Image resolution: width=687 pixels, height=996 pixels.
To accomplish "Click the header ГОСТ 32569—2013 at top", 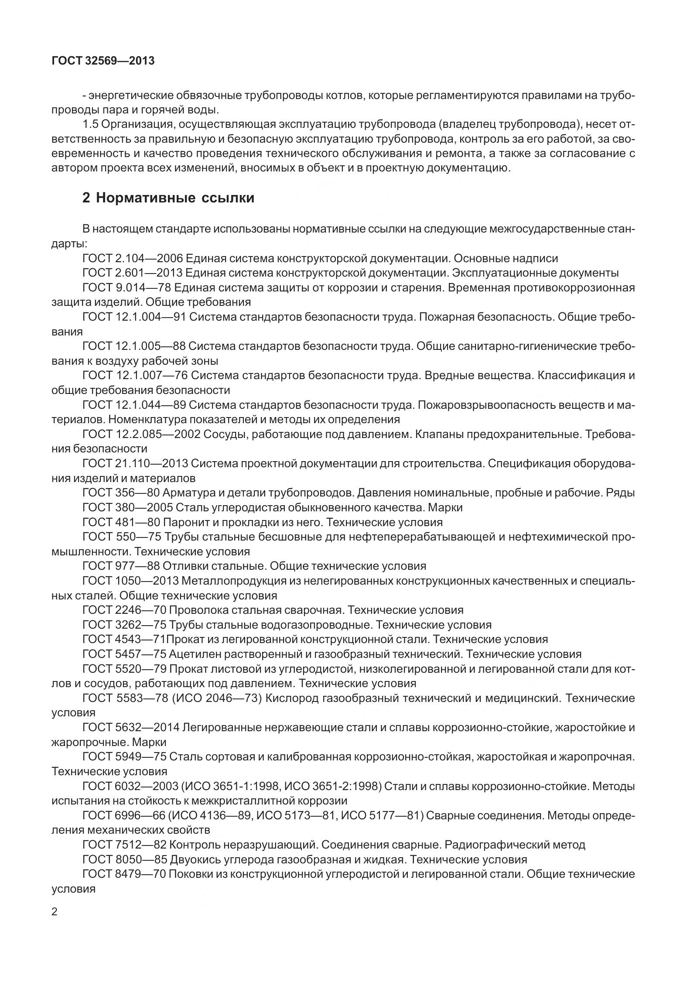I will coord(103,61).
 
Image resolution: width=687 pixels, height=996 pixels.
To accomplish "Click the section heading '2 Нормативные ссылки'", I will coord(168,198).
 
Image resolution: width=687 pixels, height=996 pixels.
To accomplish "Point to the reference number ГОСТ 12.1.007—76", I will coord(134,375).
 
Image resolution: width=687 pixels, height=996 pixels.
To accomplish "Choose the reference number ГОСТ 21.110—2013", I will coord(134,463).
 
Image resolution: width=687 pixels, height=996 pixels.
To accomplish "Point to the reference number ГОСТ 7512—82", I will coord(123,845).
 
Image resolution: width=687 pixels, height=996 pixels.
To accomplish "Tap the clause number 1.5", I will coord(90,125).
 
